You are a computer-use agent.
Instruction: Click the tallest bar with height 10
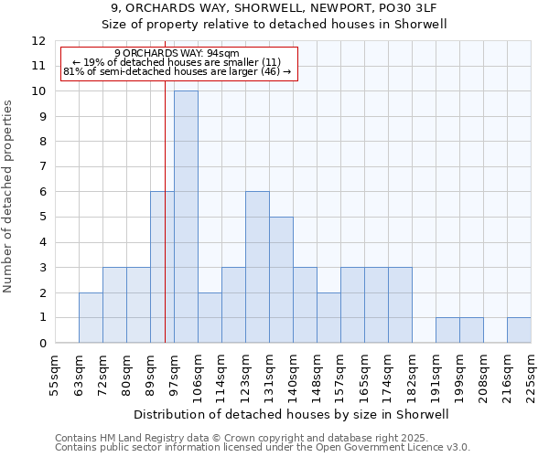186,217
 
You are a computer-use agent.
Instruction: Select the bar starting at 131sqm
281,280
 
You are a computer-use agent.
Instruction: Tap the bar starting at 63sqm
91,317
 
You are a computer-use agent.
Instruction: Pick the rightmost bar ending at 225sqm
519,330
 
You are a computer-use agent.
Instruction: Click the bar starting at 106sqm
210,317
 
